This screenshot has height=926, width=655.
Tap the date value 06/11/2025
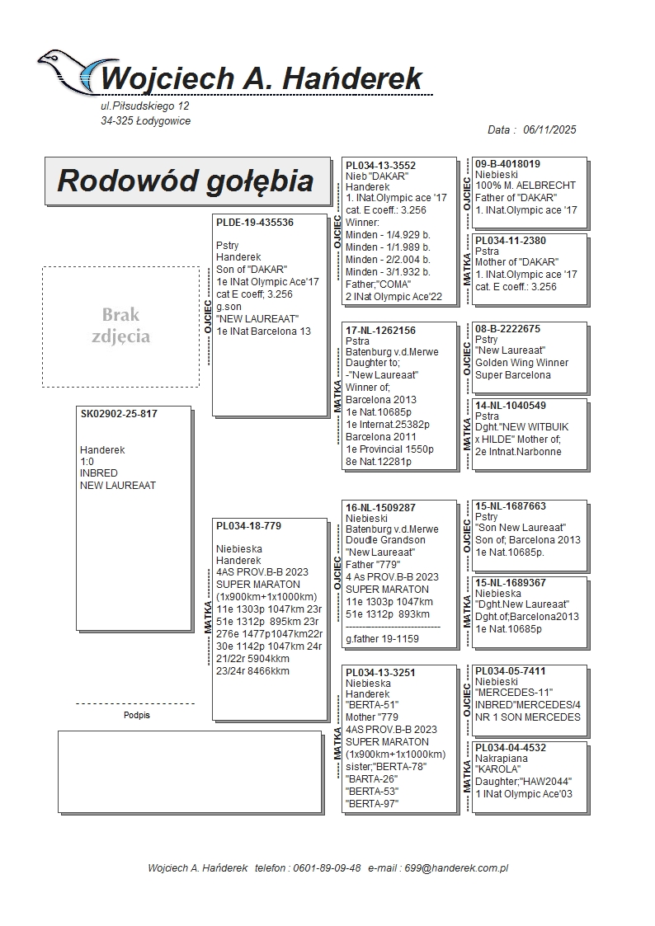(x=549, y=129)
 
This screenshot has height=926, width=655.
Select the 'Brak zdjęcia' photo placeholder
(x=120, y=326)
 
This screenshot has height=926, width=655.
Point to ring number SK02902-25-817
(x=119, y=414)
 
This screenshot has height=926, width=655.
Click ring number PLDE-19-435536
(x=255, y=223)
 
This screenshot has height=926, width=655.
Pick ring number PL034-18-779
(x=248, y=526)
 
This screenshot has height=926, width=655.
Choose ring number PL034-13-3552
(x=380, y=166)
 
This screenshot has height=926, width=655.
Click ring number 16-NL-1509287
(x=380, y=508)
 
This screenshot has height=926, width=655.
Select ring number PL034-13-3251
(x=380, y=673)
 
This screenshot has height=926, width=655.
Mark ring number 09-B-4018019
(x=507, y=164)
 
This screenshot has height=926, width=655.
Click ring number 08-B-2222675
(x=507, y=329)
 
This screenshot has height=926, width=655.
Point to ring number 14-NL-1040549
(x=511, y=406)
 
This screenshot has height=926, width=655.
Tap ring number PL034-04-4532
(x=511, y=748)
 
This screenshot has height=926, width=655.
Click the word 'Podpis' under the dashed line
(x=136, y=716)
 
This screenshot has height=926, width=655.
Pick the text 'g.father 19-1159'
(x=383, y=639)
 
